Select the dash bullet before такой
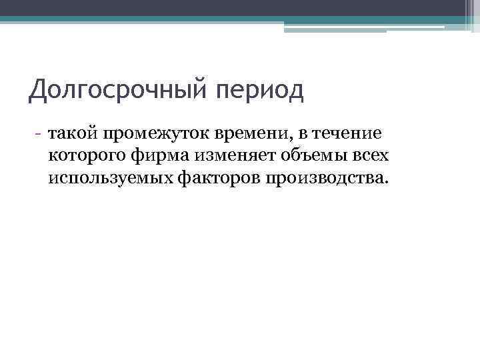pyautogui.click(x=40, y=134)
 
